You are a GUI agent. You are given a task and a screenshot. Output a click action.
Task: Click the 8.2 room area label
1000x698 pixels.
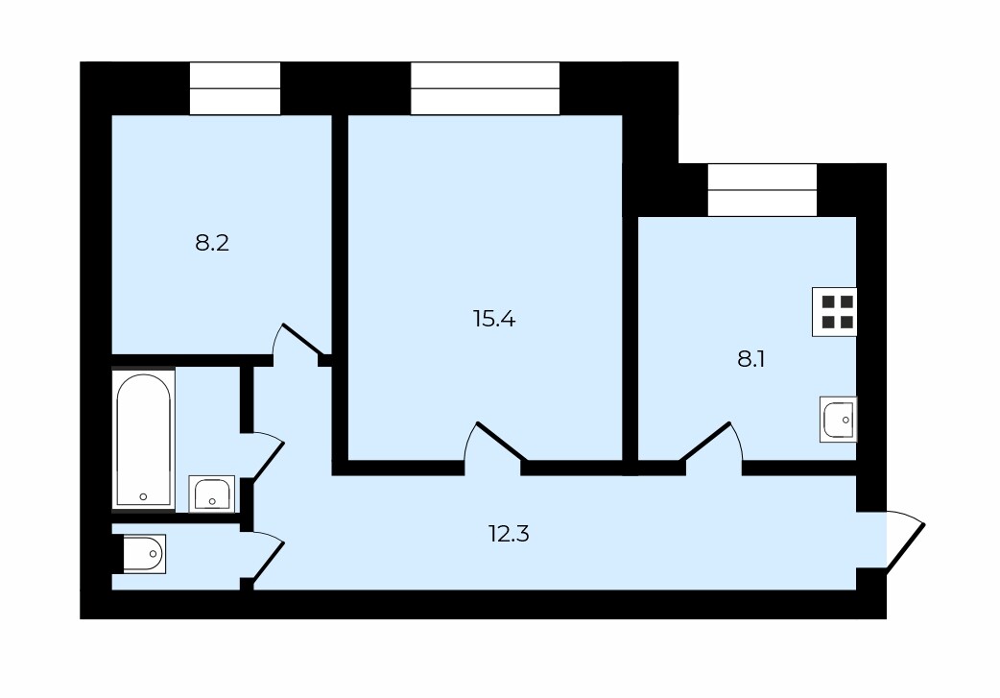[x=212, y=243]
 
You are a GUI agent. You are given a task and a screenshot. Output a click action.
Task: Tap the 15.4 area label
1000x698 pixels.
[x=494, y=319]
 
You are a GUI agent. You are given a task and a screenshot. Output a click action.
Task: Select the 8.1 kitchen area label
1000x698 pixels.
[x=750, y=360]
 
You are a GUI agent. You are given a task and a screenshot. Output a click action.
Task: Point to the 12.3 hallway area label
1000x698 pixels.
[x=509, y=534]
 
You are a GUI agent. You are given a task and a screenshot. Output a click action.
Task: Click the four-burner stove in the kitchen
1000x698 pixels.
[x=834, y=312]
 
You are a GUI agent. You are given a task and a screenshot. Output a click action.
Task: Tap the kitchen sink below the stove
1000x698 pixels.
[x=838, y=420]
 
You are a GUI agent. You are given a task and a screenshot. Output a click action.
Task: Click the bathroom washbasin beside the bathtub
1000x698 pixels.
[x=212, y=493]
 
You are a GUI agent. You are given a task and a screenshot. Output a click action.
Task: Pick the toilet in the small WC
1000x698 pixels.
[x=144, y=554]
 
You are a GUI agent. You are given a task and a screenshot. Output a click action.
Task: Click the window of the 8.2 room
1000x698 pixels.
[x=235, y=88]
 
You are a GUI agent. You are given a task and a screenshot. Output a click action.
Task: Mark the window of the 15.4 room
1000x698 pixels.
[x=485, y=88]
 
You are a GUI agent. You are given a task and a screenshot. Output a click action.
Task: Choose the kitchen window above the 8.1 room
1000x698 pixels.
[x=762, y=190]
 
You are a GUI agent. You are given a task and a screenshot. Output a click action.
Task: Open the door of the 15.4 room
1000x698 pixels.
[x=502, y=441]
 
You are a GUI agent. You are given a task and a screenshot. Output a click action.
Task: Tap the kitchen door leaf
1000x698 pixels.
[x=704, y=441]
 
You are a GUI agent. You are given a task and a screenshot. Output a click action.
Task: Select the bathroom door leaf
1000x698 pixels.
[x=269, y=460]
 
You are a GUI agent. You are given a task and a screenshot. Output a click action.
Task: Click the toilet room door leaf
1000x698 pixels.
[x=269, y=562]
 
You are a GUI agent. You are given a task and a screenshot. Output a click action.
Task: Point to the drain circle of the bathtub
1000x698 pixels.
[x=143, y=496]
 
